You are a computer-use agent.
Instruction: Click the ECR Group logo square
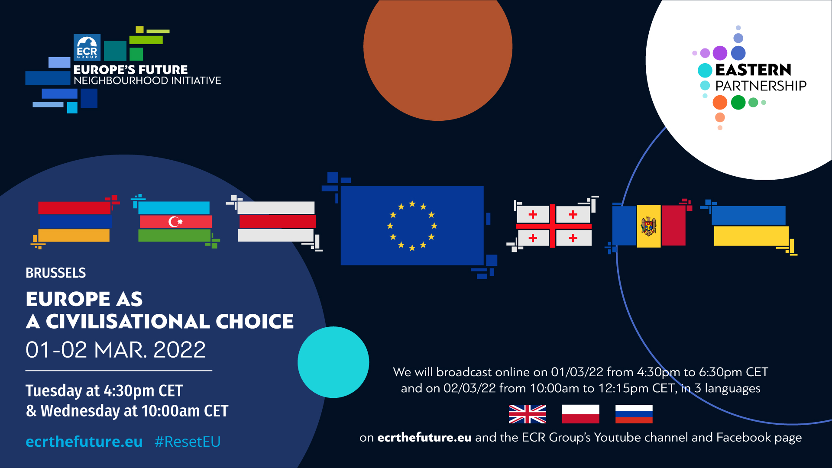coord(87,47)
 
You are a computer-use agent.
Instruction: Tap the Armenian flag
coord(74,222)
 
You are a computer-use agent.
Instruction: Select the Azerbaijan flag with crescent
coord(175,222)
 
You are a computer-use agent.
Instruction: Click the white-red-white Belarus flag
coord(276,222)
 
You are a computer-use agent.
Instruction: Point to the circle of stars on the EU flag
coord(412,226)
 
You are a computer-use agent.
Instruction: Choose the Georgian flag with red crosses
coord(554,226)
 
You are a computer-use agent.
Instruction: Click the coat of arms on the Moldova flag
coord(648,226)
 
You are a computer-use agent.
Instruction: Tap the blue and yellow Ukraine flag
coord(750,226)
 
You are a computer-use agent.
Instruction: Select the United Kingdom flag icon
coord(527,414)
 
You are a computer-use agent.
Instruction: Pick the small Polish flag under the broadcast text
coord(580,414)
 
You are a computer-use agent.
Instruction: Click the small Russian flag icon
coord(634,414)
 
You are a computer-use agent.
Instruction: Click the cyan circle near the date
coord(333,362)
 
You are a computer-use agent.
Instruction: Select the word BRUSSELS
coord(56,273)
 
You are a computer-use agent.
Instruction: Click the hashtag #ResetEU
coord(188,442)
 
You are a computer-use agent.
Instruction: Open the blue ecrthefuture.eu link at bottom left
coord(84,442)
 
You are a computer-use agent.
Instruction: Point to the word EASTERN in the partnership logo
coord(753,70)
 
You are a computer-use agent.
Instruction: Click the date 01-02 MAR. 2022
coord(116,350)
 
